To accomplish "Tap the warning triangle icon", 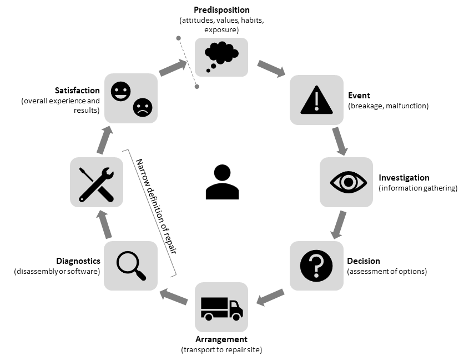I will (316, 100).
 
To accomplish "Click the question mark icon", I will (316, 266).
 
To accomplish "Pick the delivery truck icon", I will (221, 308).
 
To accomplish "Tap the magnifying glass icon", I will (131, 266).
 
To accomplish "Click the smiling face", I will (120, 91).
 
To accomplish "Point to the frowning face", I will (142, 107).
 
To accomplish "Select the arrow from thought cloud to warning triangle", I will (271, 69).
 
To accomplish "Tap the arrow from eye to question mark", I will (339, 224).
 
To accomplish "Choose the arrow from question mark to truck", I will (270, 297).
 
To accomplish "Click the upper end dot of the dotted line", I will (178, 38).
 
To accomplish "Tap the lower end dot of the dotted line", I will (196, 87).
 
